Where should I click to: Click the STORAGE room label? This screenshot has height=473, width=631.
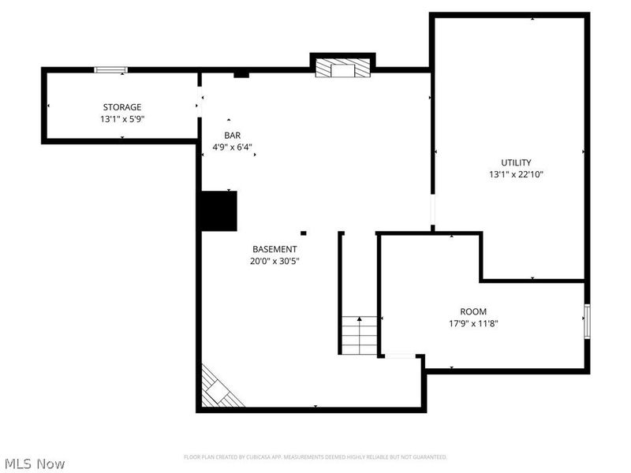(x=122, y=107)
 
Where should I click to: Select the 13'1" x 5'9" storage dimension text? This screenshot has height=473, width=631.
(x=122, y=119)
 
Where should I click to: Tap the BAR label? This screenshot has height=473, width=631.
(x=232, y=136)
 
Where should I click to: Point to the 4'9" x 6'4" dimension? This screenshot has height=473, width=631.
(x=232, y=147)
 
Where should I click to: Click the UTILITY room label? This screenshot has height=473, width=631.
(x=516, y=162)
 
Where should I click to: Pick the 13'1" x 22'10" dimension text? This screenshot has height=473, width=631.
(x=516, y=174)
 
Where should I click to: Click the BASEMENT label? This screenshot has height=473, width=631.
(x=274, y=249)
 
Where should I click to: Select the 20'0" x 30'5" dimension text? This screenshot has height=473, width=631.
(x=274, y=261)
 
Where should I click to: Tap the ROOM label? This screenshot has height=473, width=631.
(x=473, y=311)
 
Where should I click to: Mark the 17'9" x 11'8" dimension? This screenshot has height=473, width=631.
(x=473, y=323)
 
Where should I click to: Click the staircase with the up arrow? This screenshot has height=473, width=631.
(x=360, y=334)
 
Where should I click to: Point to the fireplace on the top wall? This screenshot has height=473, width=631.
(x=342, y=68)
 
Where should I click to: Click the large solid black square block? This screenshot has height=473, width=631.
(x=218, y=211)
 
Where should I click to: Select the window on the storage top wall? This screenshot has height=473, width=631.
(x=111, y=70)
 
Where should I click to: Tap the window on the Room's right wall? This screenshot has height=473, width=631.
(x=587, y=322)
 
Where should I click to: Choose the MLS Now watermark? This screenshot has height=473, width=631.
(x=35, y=464)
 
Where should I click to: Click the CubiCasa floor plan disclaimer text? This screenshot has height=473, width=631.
(x=315, y=457)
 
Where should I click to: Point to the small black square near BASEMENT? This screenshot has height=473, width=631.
(x=304, y=233)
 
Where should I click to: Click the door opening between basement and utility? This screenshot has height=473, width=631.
(x=432, y=211)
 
